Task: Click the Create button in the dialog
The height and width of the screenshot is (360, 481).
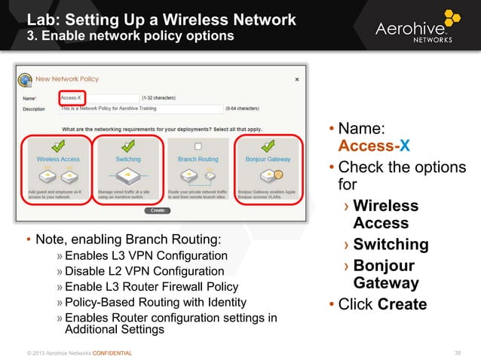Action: point(158,210)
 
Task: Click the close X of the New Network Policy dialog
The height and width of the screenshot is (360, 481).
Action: point(296,78)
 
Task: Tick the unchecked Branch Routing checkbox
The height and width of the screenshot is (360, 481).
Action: point(198,146)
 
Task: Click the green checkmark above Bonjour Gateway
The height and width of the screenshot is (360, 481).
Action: point(267,145)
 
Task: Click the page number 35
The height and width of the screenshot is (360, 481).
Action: point(455,352)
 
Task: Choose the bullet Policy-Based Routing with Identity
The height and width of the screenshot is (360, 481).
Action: point(155,303)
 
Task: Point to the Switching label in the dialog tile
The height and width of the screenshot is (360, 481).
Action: point(127,160)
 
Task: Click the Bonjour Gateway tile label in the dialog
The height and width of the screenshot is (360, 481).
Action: point(268,160)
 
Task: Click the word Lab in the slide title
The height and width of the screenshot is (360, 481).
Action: point(42,19)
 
